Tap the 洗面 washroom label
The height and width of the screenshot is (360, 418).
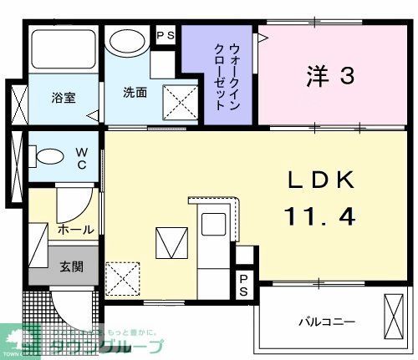pos(135,92)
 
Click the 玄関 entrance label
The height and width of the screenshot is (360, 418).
pos(71,268)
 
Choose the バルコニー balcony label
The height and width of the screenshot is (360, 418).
pos(329,322)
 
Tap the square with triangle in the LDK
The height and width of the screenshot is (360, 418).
pos(170,243)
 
